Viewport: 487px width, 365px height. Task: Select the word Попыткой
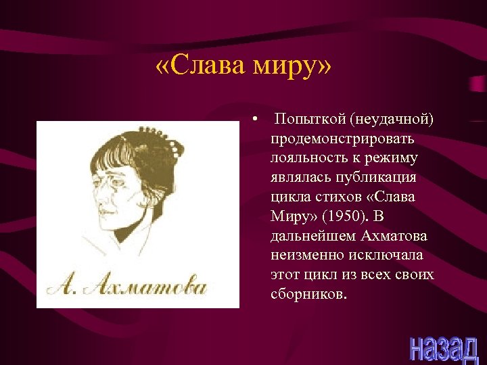coord(308,120)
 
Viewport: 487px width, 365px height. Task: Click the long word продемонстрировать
coord(343,139)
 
